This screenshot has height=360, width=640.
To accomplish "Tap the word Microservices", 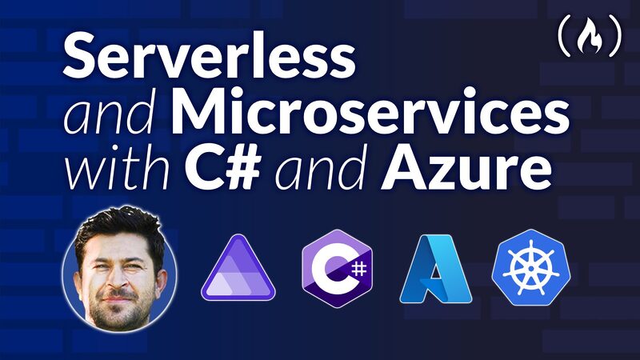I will tap(374, 115).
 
